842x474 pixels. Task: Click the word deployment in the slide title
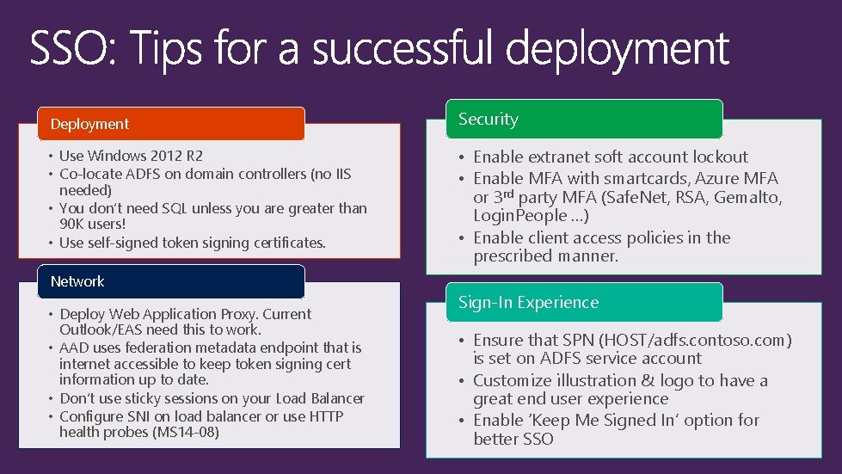point(618,50)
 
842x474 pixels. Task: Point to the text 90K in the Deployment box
point(72,224)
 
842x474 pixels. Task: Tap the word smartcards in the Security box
point(641,179)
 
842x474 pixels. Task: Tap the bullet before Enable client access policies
point(463,238)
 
